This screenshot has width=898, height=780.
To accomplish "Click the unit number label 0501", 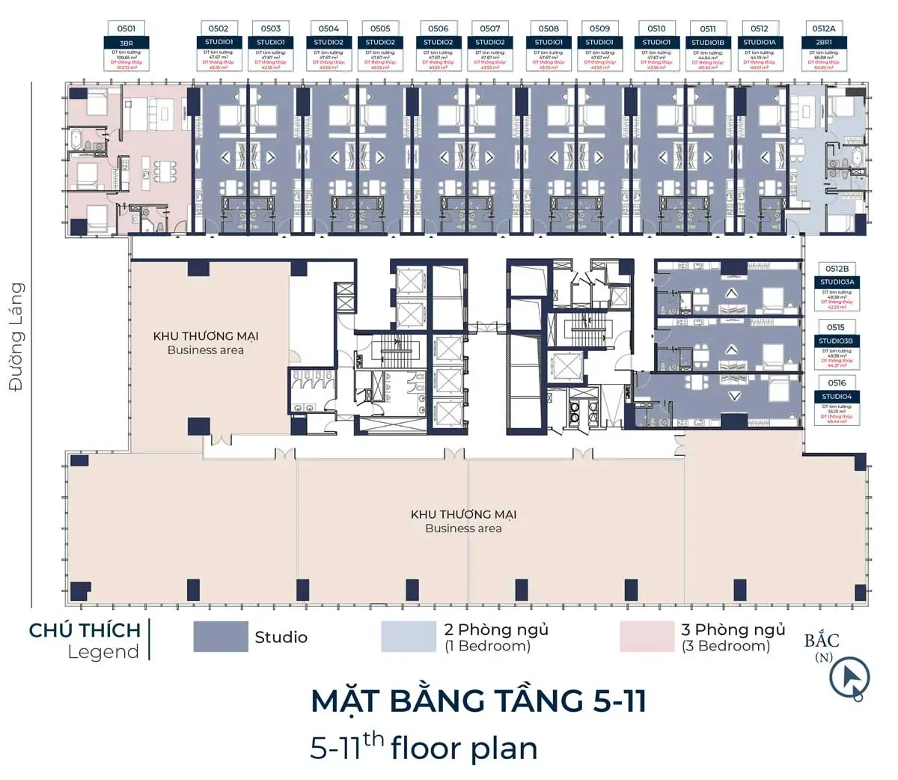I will click(126, 28).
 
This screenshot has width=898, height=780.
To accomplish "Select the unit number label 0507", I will click(490, 28).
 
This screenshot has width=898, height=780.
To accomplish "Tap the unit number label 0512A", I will click(823, 28).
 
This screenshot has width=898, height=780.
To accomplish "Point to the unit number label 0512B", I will click(837, 268).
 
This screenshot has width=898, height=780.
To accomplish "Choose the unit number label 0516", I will click(837, 383).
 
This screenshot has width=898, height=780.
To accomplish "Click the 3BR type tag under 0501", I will click(126, 43).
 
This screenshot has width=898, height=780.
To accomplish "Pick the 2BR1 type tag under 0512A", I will click(823, 43).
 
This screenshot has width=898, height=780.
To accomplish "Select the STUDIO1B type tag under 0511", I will click(708, 43).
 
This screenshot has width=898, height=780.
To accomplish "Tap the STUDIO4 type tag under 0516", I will click(837, 397).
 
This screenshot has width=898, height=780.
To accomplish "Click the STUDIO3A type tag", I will click(837, 282).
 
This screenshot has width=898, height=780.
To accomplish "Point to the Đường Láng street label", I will click(16, 336).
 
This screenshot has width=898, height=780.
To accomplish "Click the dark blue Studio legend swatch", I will click(221, 636).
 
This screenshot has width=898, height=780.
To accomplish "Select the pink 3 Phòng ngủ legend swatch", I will click(647, 636).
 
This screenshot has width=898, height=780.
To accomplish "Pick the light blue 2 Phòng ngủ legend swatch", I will click(408, 636).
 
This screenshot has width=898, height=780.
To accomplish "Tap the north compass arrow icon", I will click(849, 678).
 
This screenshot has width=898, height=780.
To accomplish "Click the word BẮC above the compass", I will click(822, 641).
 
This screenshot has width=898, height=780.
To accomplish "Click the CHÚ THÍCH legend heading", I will click(85, 630).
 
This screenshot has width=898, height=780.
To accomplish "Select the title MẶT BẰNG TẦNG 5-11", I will click(478, 701).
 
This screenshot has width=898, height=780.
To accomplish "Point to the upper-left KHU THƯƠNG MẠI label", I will click(206, 336).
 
